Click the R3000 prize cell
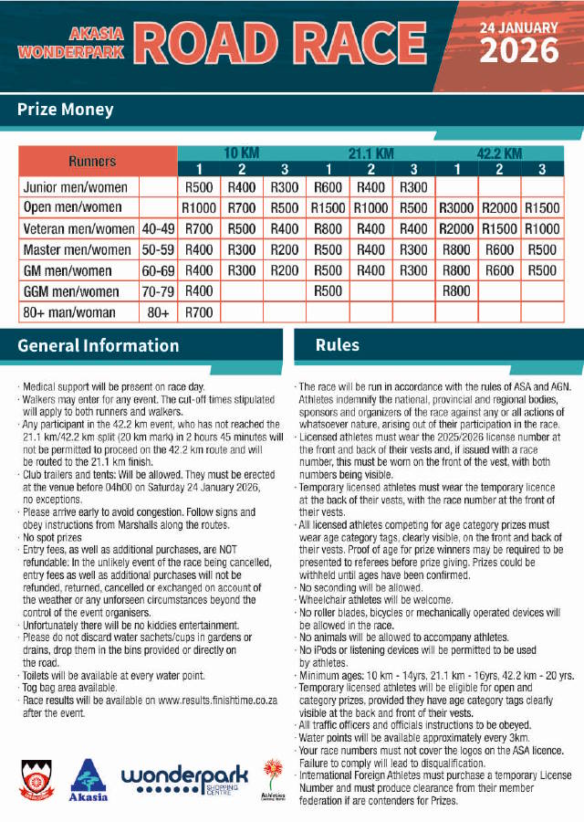pos(456,208)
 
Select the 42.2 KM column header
pos(499,153)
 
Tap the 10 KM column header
pos(242,153)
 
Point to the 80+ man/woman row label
pos(69,312)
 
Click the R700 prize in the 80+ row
pos(199,312)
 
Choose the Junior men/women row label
pos(75,187)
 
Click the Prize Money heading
pos(66,110)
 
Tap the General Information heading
pos(99,346)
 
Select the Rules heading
pos(338,345)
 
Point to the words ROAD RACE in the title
pos(301,43)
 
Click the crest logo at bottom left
pos(36,782)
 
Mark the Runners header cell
pos(92,161)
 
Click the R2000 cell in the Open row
pos(499,208)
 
